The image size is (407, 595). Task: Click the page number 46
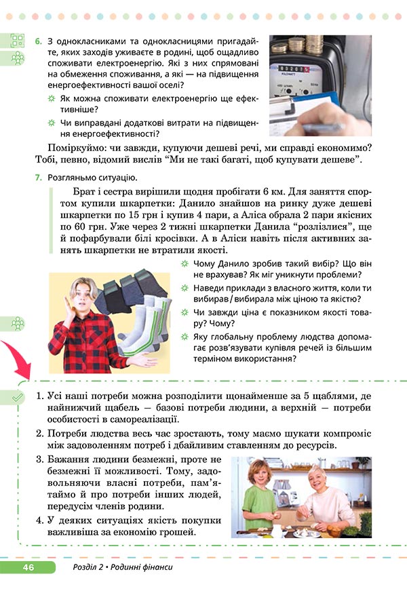(28, 567)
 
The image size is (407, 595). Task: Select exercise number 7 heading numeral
(38, 178)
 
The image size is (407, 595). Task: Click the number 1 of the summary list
(39, 395)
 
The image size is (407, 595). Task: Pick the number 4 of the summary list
(39, 520)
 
